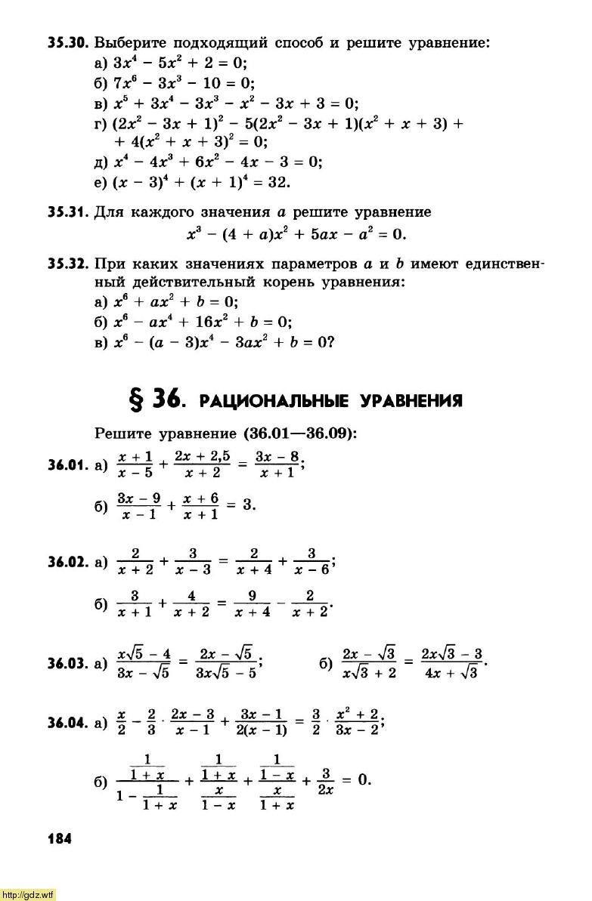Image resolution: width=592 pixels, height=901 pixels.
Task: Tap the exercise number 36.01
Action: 69,466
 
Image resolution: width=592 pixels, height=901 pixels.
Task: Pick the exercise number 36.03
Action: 69,664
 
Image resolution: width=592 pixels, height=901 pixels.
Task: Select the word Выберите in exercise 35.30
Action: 132,43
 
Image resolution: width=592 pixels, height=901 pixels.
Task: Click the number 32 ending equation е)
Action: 279,182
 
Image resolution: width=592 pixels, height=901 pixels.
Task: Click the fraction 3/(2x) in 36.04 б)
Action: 326,780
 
